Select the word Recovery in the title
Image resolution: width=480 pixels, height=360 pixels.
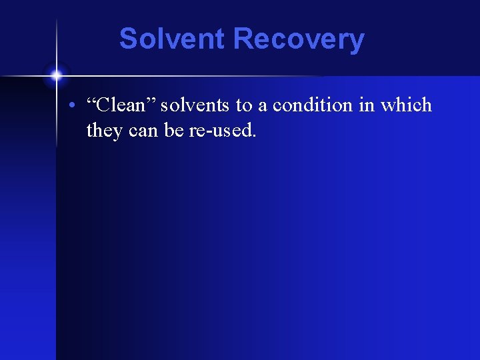pos(299,39)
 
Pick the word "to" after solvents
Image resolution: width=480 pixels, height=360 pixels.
pos(243,105)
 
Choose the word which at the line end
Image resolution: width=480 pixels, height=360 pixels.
pos(406,105)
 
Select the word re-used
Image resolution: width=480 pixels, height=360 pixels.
pos(220,131)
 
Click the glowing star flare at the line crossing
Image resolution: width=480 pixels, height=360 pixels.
pos(57,75)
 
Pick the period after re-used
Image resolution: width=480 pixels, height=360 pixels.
pos(254,136)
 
